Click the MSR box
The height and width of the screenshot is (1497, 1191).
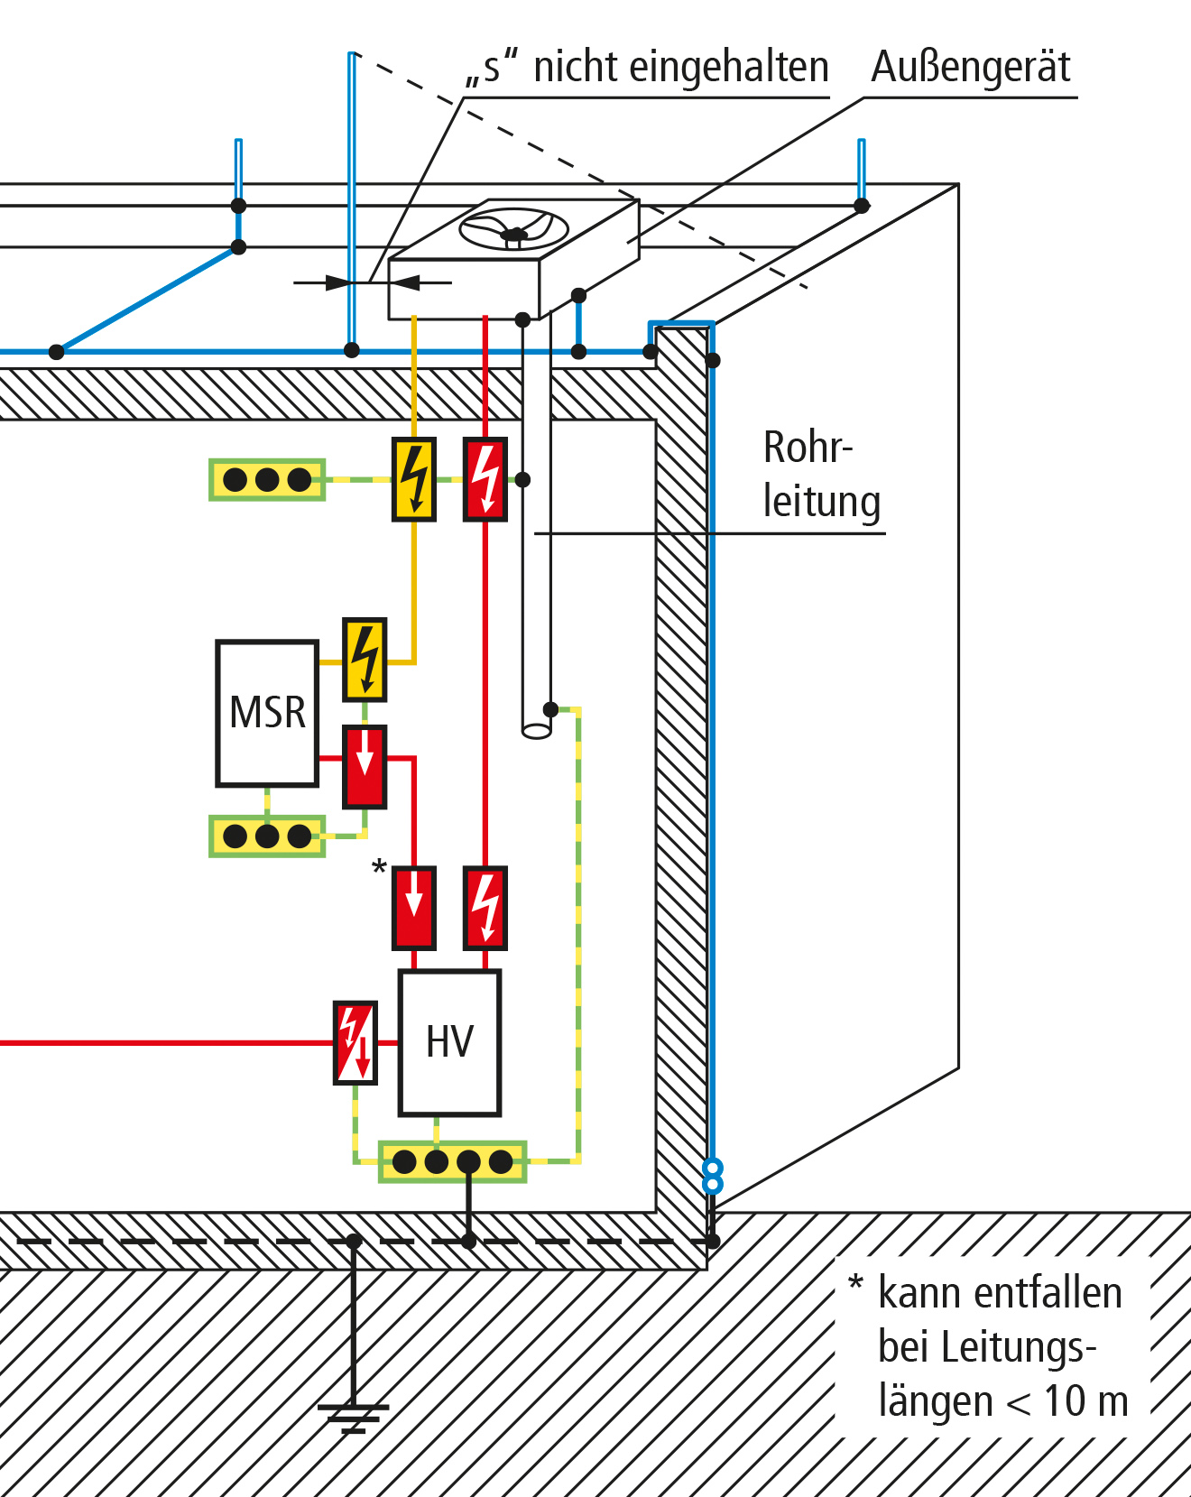(x=267, y=713)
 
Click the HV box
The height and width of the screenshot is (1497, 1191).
(x=449, y=1042)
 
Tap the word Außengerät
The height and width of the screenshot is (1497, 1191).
(x=971, y=67)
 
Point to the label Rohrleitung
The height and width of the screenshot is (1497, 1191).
(x=821, y=475)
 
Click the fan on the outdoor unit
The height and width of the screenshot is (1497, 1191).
(x=513, y=229)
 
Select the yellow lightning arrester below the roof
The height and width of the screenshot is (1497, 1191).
(x=414, y=479)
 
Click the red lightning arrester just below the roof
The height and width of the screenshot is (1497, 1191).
(x=485, y=479)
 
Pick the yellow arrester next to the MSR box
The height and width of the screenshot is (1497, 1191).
(x=365, y=660)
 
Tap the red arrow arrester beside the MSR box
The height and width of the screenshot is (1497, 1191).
(x=365, y=766)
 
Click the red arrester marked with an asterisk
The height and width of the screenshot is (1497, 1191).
(x=414, y=908)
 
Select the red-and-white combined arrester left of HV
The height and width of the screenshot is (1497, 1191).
(x=355, y=1042)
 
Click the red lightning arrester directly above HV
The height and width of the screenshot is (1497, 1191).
(x=485, y=908)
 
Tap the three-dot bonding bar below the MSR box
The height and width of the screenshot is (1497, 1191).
(x=267, y=836)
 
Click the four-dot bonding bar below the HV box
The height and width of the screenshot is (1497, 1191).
(x=453, y=1161)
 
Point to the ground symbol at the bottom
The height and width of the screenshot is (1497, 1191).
(x=354, y=1418)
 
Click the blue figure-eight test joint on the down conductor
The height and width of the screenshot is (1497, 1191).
(x=713, y=1177)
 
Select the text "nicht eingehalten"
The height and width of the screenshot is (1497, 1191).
(x=681, y=67)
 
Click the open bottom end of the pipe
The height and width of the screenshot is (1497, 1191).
(x=537, y=730)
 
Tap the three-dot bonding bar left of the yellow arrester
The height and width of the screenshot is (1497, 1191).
(x=267, y=479)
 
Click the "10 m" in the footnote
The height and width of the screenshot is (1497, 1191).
(x=1086, y=1401)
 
